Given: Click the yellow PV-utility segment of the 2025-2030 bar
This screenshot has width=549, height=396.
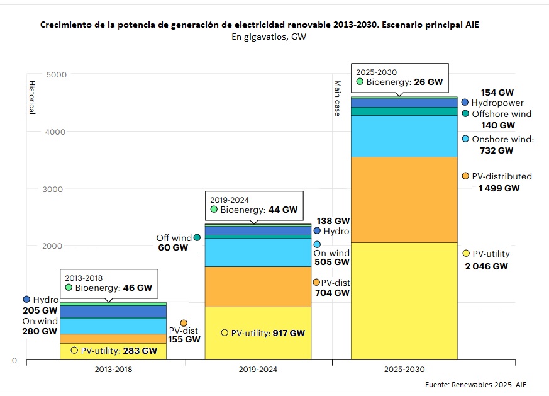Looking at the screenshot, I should (404, 300).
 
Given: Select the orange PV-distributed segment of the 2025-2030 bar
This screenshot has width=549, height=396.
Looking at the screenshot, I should (404, 200).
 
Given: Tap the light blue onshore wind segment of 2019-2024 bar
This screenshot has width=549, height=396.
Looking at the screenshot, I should (258, 252).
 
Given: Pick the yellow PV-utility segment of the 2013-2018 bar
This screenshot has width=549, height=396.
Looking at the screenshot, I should (113, 351).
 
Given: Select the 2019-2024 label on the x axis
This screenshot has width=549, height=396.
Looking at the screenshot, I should (258, 370).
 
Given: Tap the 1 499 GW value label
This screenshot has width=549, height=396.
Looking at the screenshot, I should (495, 188).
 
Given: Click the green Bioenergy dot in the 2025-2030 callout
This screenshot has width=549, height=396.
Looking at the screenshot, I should (360, 82).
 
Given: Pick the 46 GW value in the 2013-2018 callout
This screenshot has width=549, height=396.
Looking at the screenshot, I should (138, 288).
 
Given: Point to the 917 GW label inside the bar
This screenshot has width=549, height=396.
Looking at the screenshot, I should (289, 333).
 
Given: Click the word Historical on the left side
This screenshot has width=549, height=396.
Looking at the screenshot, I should (31, 97).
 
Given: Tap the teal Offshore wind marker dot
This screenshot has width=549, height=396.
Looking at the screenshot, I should (465, 114).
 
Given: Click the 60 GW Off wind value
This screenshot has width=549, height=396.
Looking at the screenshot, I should (172, 248).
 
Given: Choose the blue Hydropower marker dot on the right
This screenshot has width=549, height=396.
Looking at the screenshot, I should (465, 102).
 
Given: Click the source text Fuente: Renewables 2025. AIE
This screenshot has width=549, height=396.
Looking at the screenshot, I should (484, 384).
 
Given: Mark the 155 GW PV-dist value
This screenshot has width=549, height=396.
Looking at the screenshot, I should (184, 339).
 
